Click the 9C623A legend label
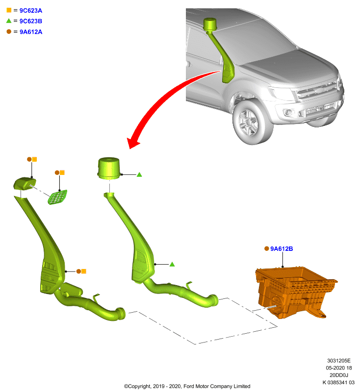31,10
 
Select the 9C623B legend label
31,21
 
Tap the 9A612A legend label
31,32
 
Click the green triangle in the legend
9,21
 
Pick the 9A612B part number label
282,249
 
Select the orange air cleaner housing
295,292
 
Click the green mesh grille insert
57,197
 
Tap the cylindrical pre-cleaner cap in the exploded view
108,168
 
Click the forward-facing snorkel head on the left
25,183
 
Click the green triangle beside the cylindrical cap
139,175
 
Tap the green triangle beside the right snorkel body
172,264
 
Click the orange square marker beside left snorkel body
84,271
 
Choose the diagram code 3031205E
339,361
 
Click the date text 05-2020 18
339,368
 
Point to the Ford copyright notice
187,386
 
